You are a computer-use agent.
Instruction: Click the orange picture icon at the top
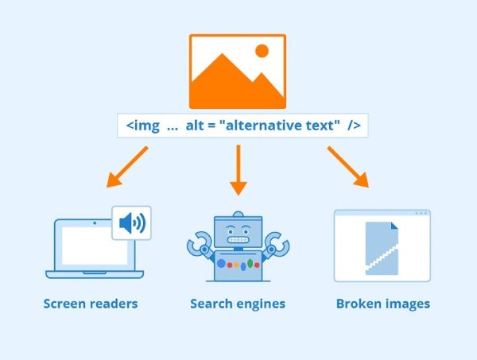(238, 71)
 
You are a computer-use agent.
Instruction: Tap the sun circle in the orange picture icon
(262, 52)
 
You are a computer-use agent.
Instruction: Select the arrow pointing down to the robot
(238, 171)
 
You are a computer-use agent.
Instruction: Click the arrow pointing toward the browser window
(347, 167)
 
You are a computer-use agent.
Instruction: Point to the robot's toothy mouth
(238, 238)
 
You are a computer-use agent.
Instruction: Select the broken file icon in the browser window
(382, 249)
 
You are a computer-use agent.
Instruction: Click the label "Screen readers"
(91, 304)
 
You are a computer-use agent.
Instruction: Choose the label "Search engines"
(238, 304)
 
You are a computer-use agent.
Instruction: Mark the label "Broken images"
(382, 304)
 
